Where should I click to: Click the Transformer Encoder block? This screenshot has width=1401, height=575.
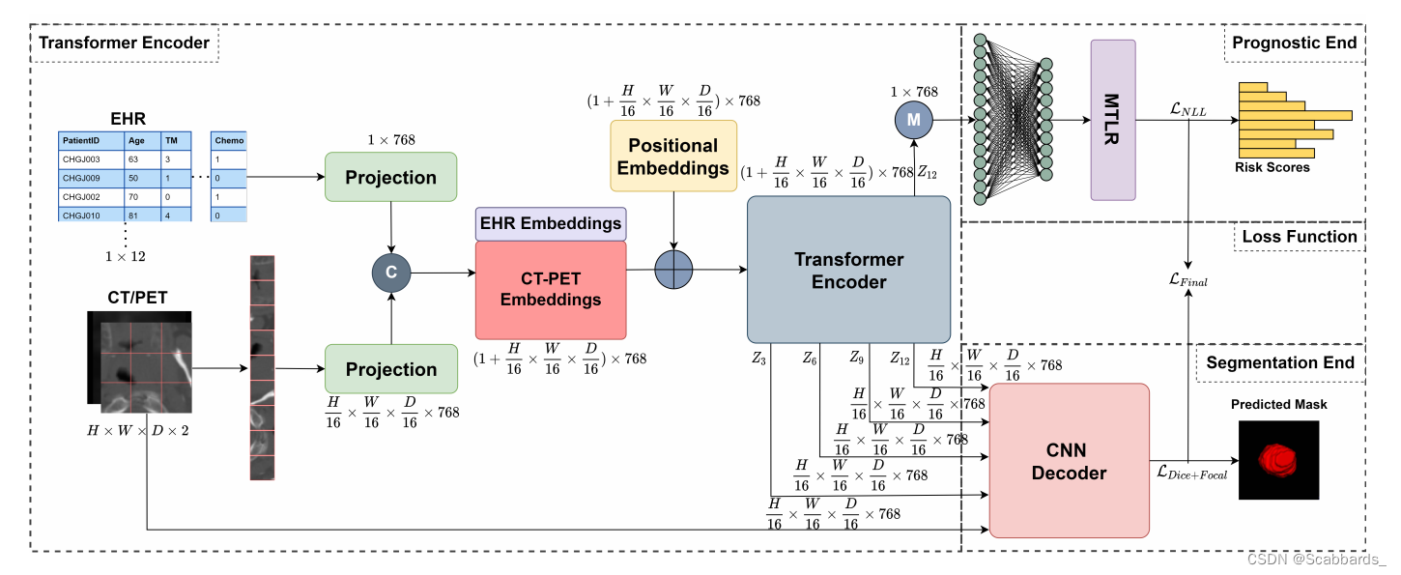coord(848,270)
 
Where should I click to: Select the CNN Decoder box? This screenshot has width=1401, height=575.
coord(1069,460)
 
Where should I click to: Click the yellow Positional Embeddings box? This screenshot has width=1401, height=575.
coord(673,157)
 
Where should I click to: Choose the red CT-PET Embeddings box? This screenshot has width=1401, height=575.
coord(550,288)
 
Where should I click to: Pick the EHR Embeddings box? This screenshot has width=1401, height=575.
coord(551,223)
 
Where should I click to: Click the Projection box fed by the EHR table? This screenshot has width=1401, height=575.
coord(390,177)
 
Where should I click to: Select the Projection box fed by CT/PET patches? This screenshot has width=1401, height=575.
coord(390,369)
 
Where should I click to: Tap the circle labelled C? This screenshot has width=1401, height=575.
coord(391,273)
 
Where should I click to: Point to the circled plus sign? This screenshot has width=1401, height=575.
coord(674,270)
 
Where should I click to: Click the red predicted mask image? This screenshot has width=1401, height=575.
coord(1278,459)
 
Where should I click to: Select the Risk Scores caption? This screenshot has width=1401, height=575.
coord(1272,167)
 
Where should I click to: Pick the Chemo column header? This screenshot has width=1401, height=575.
coord(229,140)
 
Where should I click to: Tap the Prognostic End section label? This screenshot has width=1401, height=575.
coord(1294,43)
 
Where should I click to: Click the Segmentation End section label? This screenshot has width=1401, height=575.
coord(1279,362)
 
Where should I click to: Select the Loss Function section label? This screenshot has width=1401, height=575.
coord(1299,237)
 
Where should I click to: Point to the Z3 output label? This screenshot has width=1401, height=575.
coord(758,359)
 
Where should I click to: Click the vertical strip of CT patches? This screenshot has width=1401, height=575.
coord(262,367)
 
